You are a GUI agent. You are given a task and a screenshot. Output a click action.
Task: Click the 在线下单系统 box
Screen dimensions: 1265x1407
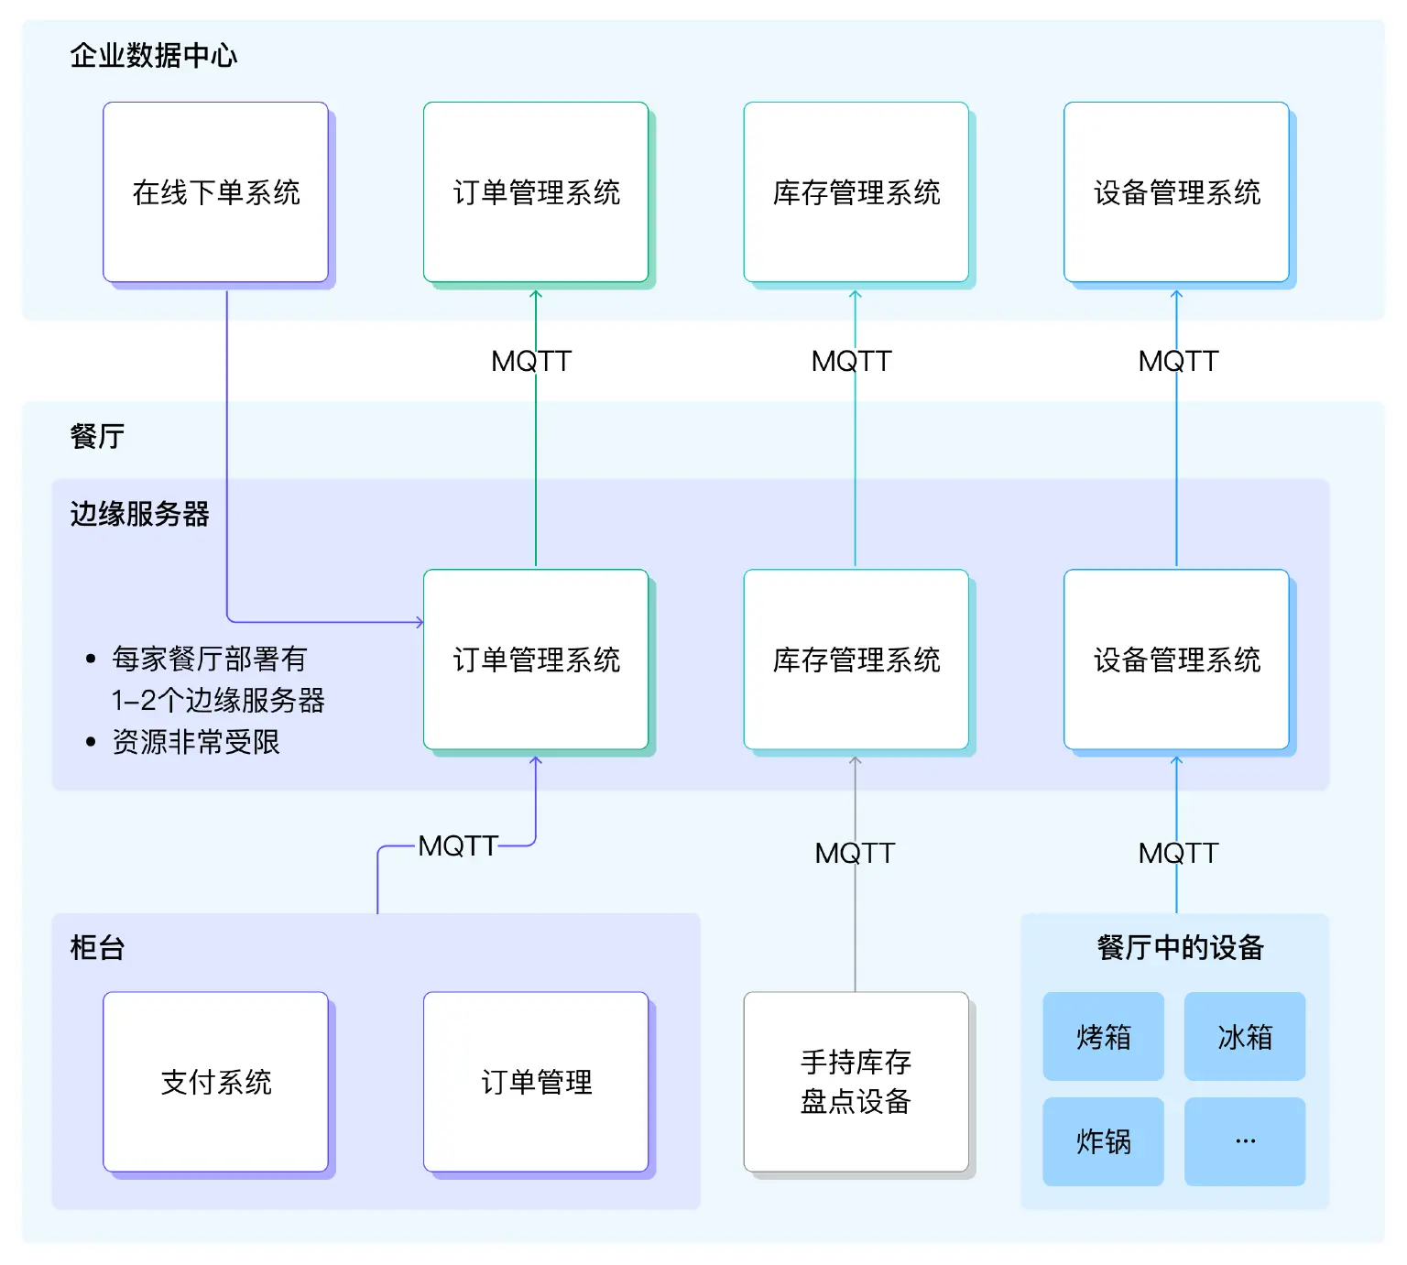[215, 192]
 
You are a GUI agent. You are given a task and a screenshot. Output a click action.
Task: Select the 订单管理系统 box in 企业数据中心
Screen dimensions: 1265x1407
[536, 192]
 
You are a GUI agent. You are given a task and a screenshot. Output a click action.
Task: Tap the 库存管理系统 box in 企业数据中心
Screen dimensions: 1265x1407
[856, 192]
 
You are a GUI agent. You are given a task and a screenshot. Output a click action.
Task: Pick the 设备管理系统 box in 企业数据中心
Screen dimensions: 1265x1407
[1176, 192]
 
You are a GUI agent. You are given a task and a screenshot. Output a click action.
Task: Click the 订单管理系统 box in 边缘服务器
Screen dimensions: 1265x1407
[536, 660]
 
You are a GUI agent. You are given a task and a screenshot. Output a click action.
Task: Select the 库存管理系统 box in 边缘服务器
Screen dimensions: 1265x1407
[856, 660]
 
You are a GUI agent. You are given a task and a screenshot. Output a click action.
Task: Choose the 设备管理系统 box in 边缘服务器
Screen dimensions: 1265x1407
[1176, 660]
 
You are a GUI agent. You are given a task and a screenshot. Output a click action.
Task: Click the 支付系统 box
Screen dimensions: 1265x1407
[215, 1082]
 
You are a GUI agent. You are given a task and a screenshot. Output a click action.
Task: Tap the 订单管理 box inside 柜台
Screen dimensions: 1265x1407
[536, 1082]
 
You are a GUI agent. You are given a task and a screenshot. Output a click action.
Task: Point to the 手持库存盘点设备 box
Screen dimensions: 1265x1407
[856, 1082]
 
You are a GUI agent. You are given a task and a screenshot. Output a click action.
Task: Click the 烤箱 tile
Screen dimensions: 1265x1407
[1103, 1037]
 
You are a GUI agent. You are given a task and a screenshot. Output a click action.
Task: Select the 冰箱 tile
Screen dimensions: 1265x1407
[1244, 1037]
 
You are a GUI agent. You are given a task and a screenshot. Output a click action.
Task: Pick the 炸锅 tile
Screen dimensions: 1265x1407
[1103, 1141]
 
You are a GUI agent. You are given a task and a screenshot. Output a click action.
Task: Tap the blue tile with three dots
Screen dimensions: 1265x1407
[1244, 1141]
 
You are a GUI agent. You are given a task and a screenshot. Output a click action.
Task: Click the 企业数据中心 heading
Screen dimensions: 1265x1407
[154, 56]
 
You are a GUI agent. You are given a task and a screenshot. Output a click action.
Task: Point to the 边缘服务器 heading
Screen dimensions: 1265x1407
[139, 514]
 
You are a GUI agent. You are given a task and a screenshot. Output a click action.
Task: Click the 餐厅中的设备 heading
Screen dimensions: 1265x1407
[1180, 947]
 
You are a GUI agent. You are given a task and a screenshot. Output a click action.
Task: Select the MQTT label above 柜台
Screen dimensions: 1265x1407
[457, 846]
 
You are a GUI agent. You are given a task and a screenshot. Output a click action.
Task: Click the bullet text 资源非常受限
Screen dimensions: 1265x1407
[196, 742]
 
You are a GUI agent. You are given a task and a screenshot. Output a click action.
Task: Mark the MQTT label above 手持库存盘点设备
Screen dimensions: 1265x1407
[854, 854]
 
